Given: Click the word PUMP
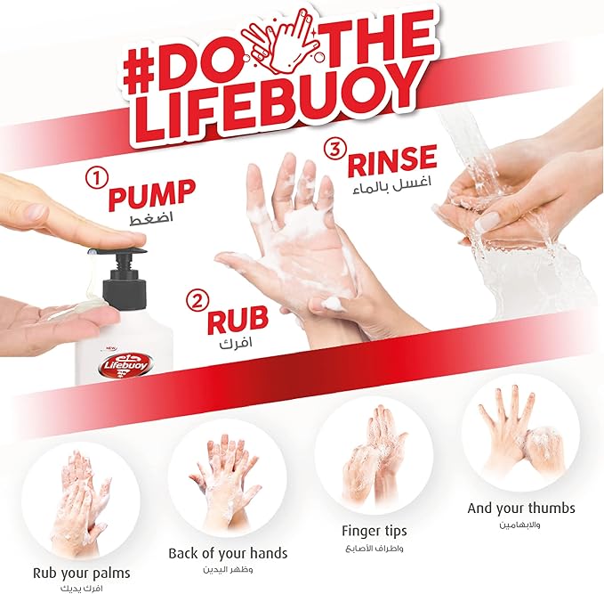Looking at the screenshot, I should tap(150, 193).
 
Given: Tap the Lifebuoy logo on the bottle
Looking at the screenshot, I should tap(126, 363).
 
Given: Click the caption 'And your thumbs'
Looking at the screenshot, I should tap(521, 509).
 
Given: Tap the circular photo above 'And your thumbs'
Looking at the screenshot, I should tap(520, 431).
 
